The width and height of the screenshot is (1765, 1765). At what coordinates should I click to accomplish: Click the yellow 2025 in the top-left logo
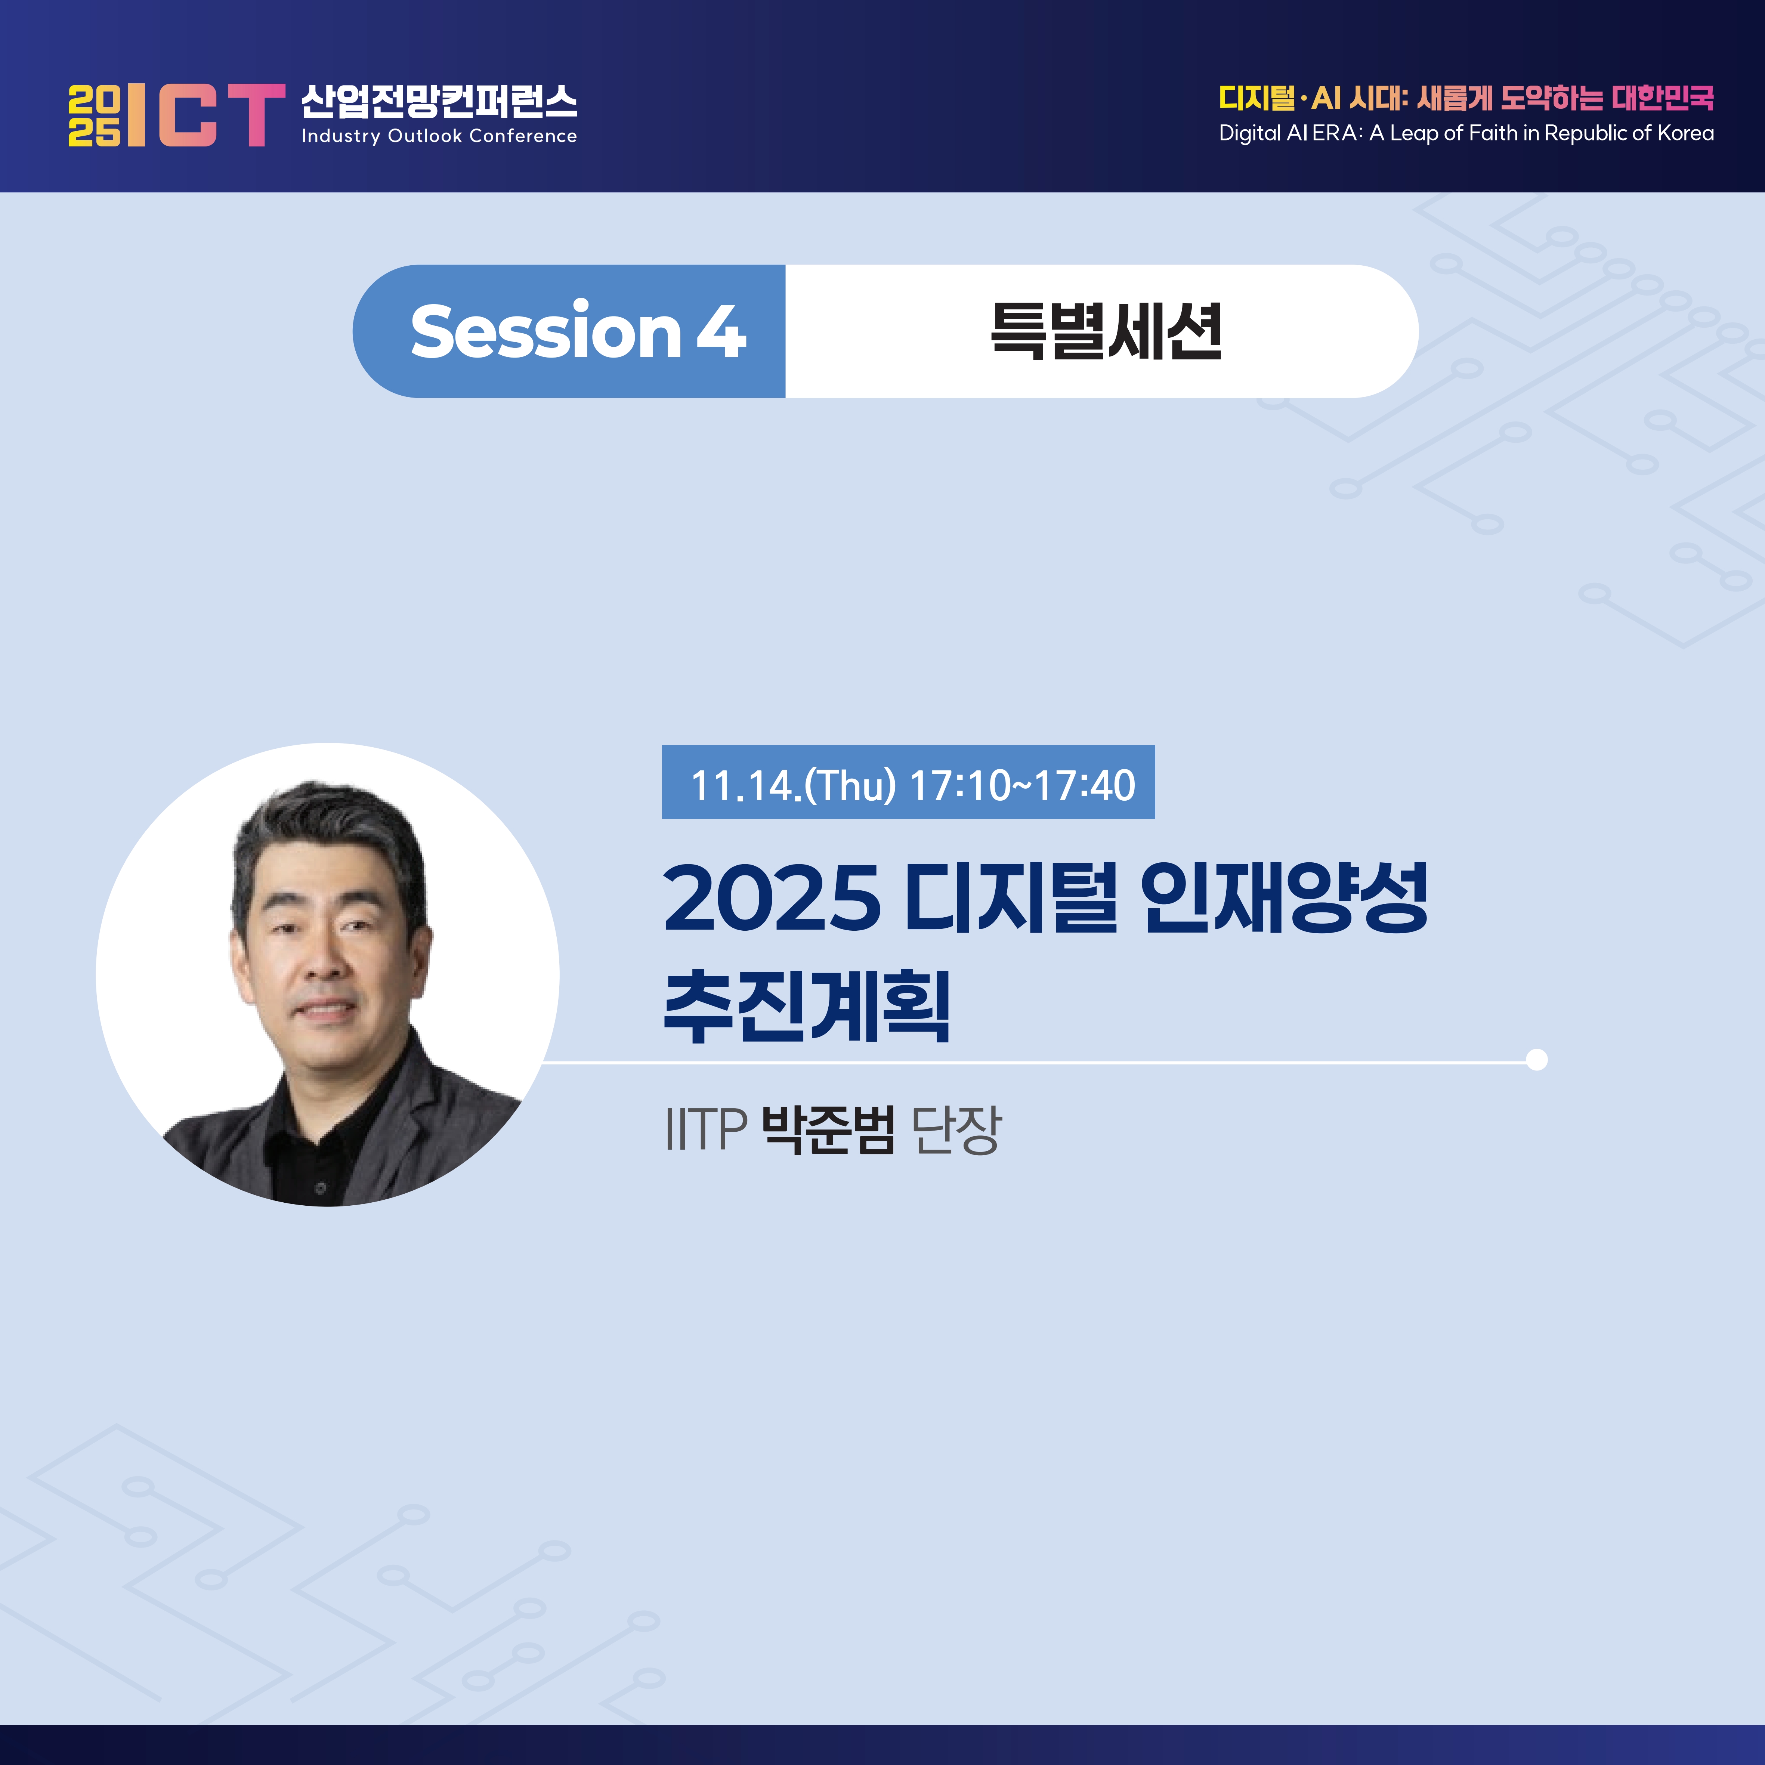click(x=94, y=116)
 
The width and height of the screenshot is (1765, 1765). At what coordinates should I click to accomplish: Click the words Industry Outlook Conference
click(x=439, y=136)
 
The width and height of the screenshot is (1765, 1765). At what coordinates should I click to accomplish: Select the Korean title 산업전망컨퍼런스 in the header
click(x=439, y=101)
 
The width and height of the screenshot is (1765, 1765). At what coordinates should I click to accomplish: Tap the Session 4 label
click(x=578, y=331)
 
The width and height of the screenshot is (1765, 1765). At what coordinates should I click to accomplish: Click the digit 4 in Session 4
click(x=722, y=331)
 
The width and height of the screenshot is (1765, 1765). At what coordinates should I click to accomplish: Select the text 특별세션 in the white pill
click(x=1106, y=331)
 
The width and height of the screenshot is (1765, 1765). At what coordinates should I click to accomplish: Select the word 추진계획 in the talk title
click(x=807, y=1006)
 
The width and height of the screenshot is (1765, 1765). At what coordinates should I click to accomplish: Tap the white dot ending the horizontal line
click(x=1537, y=1060)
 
